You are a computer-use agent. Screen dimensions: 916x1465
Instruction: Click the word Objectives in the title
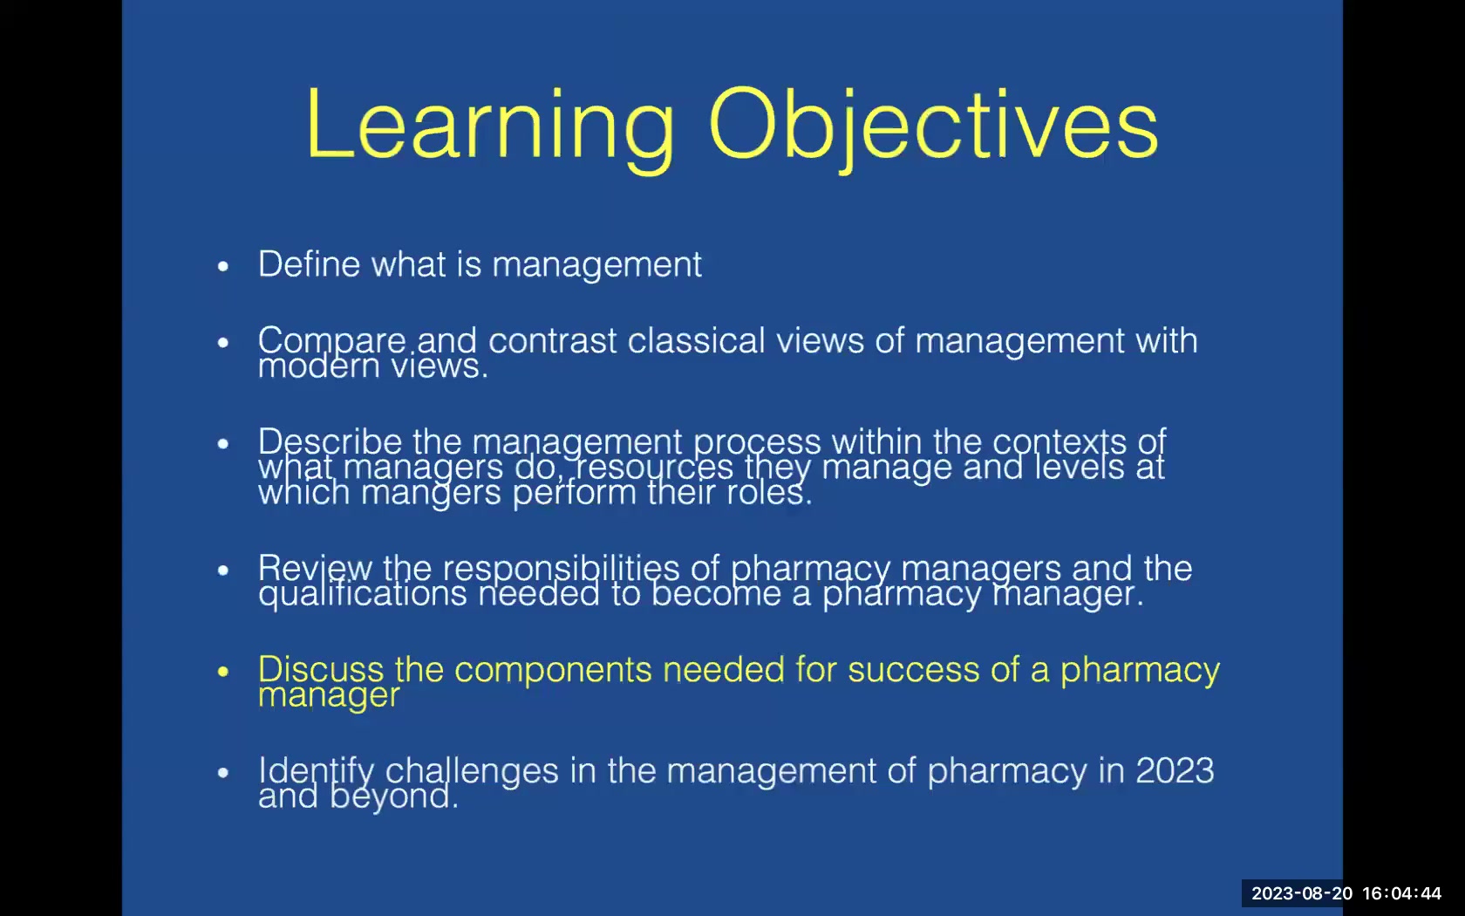tap(932, 126)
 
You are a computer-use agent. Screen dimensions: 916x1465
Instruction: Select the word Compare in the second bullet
tap(331, 340)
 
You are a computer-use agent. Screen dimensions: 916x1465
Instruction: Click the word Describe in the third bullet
tap(330, 441)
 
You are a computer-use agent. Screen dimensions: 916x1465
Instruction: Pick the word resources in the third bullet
tap(654, 467)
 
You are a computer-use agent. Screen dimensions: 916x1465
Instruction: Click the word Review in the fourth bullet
tap(315, 568)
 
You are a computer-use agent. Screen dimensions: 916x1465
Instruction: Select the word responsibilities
tap(561, 568)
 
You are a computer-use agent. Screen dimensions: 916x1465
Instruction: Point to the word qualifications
tap(362, 594)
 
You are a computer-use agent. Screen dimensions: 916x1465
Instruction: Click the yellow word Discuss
tap(320, 669)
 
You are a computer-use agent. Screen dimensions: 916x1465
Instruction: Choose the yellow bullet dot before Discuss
tap(223, 671)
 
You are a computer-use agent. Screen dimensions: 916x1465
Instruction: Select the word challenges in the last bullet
tap(472, 771)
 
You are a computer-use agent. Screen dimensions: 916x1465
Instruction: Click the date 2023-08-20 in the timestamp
tap(1302, 893)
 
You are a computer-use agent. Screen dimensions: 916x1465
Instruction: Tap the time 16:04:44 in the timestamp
tap(1401, 893)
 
